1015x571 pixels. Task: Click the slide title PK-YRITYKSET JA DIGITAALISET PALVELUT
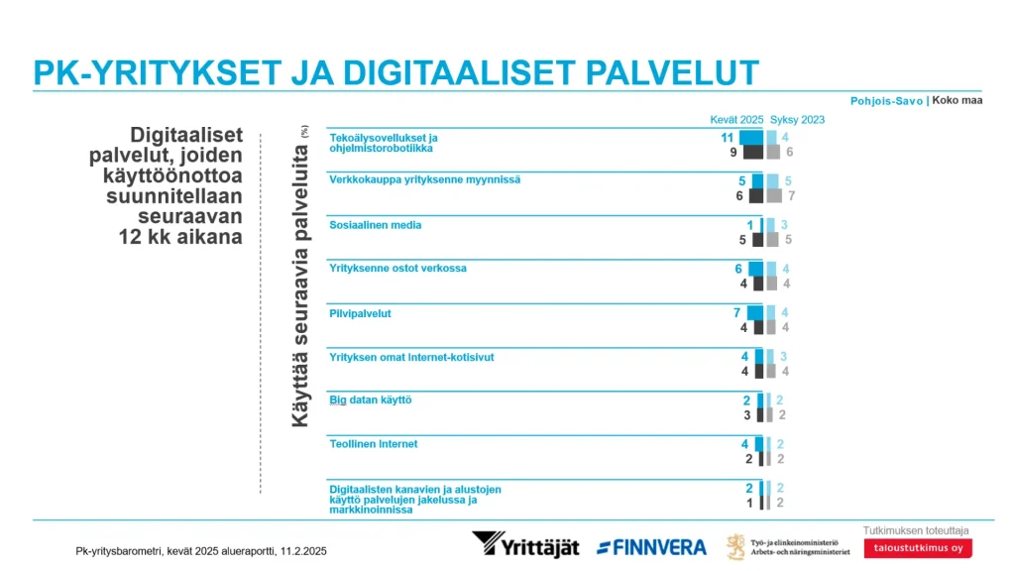pos(395,72)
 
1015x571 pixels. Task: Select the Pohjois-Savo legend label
pos(886,101)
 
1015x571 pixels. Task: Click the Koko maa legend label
pos(957,101)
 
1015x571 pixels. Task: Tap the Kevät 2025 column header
pos(736,120)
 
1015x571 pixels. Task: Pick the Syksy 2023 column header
pos(797,120)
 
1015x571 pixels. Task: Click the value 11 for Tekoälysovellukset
pos(727,137)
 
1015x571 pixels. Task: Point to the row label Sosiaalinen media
pos(375,225)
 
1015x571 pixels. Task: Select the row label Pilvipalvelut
pos(360,313)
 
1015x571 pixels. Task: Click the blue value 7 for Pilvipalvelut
pos(736,312)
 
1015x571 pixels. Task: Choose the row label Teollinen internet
pos(373,444)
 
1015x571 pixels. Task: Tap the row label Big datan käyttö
pos(370,400)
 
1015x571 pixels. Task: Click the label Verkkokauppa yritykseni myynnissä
pos(424,180)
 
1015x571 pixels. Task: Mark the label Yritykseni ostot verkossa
pos(397,269)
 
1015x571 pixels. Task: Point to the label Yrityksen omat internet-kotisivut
pos(411,357)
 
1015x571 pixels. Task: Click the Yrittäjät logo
pos(525,545)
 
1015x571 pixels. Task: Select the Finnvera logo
pos(651,547)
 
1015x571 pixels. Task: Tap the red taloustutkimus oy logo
pos(917,548)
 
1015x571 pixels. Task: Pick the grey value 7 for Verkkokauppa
pos(791,196)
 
